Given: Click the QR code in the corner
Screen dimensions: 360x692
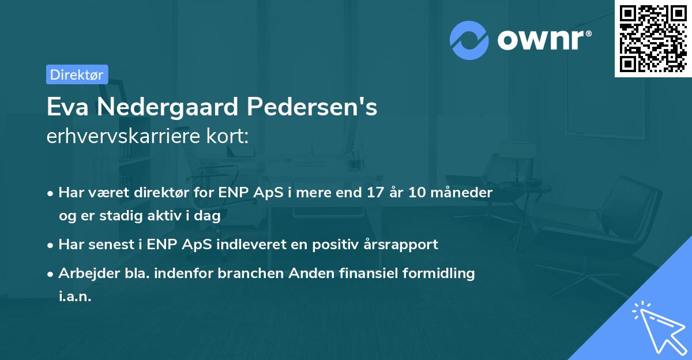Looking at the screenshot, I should click(653, 38).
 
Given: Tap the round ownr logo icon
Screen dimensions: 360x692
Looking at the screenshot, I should click(469, 40).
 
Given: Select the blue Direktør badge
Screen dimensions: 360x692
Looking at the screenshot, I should click(77, 74).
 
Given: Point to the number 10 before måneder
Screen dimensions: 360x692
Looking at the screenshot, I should click(416, 193).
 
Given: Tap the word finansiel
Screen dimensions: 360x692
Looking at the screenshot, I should click(368, 273).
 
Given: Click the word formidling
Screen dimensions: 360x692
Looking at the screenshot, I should click(442, 273).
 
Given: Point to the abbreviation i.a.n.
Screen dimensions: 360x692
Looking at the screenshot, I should click(75, 297).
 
